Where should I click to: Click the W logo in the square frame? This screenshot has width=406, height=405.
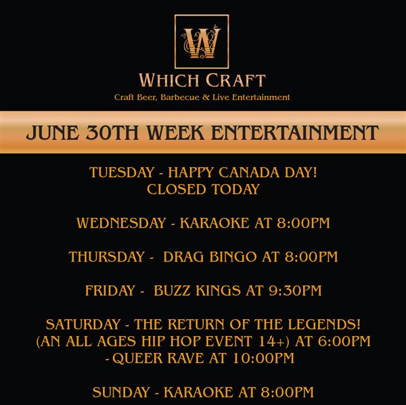pos(202,41)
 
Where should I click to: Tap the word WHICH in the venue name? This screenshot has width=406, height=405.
pos(168,80)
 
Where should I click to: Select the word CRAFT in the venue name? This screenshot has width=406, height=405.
pos(235,80)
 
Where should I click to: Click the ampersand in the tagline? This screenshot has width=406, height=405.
pos(206,97)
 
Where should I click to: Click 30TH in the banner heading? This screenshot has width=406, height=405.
pos(112,133)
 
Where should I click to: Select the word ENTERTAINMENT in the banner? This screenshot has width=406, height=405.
pos(295,133)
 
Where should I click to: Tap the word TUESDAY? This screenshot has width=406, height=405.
pos(122,172)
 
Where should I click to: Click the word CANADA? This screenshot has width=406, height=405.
pos(249,172)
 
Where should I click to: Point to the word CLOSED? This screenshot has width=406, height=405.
pos(177,189)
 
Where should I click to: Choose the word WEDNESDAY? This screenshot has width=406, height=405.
pos(121,223)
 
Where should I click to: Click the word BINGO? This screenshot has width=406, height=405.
pos(233,257)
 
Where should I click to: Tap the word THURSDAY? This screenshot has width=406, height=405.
pos(106,257)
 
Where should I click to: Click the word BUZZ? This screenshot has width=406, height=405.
pos(172,290)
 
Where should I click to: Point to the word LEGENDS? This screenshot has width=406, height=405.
pos(324,325)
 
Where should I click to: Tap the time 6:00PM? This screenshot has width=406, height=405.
pos(344,341)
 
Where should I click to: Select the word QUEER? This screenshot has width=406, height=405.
pos(137,358)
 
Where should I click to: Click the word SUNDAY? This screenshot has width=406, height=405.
pos(121,392)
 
